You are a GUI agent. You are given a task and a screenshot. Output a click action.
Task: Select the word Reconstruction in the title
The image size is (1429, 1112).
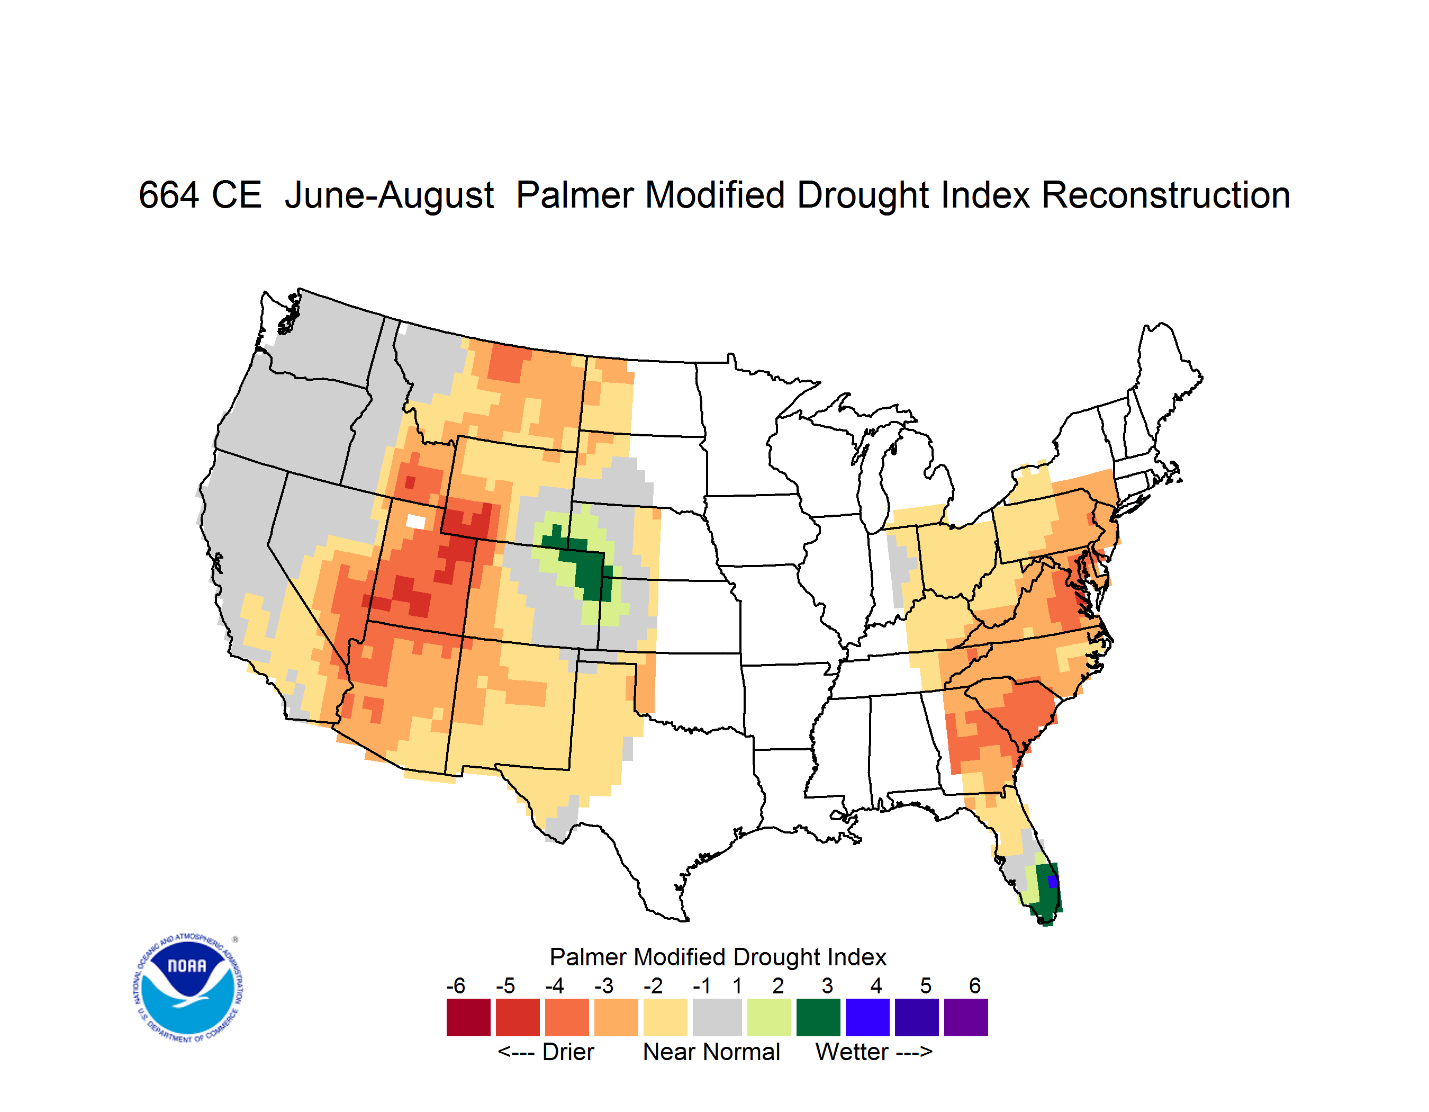click(1165, 195)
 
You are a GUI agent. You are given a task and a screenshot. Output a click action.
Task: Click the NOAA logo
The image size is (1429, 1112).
click(188, 988)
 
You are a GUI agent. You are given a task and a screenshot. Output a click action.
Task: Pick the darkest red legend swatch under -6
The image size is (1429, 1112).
click(468, 1017)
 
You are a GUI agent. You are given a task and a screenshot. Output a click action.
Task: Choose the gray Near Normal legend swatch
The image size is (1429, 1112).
click(717, 1017)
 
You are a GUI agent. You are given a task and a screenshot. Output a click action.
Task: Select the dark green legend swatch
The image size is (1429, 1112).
click(818, 1017)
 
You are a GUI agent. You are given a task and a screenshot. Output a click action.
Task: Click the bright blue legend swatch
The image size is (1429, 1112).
click(867, 1017)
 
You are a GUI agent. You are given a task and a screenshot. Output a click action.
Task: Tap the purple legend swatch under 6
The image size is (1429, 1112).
click(966, 1017)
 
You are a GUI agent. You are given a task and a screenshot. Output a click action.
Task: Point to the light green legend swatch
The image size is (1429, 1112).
click(769, 1017)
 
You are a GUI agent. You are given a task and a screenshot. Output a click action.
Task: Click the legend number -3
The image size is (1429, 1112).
click(603, 985)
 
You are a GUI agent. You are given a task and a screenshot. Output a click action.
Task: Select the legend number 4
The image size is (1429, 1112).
click(876, 985)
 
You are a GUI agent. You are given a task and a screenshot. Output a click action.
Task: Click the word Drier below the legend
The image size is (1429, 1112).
click(568, 1052)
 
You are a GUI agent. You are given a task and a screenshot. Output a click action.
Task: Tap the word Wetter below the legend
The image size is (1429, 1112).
click(852, 1052)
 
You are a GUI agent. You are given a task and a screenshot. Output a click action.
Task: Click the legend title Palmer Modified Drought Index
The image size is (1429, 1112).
click(718, 957)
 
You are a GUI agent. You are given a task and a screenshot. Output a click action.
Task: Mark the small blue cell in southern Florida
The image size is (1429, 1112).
click(1052, 882)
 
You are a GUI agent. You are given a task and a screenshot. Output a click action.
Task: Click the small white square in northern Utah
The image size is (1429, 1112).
click(415, 522)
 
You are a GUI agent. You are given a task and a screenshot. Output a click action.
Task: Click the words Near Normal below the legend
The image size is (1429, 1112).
click(711, 1052)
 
